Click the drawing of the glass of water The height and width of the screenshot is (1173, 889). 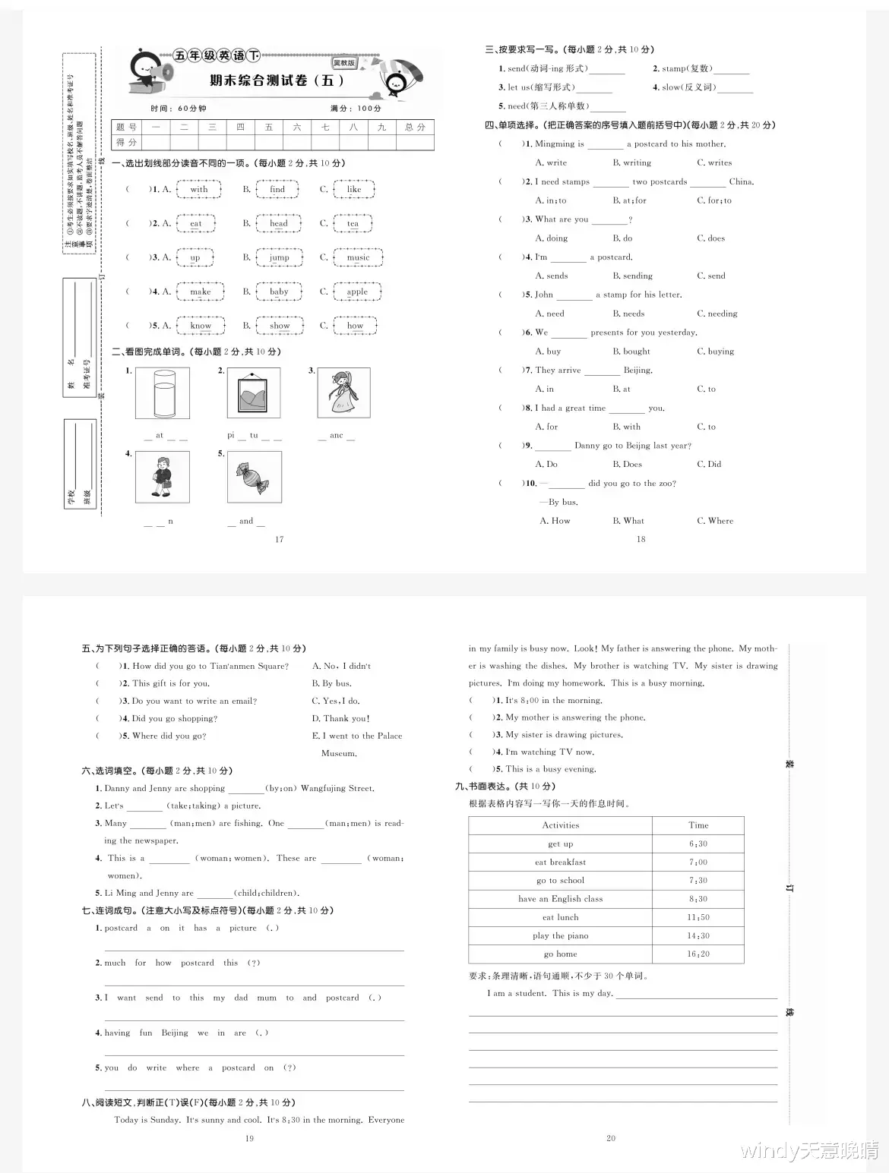click(162, 393)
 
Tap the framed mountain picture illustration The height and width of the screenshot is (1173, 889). click(254, 393)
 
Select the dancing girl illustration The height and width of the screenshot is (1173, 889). click(343, 393)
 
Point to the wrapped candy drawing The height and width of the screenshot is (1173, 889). click(254, 477)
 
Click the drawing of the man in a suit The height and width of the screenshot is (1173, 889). click(162, 477)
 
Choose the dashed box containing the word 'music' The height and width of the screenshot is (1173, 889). click(358, 257)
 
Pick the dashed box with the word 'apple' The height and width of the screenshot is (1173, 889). click(356, 292)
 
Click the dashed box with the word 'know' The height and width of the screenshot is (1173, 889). click(201, 326)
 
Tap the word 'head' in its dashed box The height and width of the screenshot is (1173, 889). click(279, 223)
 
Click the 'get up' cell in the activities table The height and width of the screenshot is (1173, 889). click(560, 843)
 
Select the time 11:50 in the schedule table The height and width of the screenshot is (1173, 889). click(698, 917)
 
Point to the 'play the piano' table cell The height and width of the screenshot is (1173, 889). click(560, 935)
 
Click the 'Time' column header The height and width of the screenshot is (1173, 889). click(698, 825)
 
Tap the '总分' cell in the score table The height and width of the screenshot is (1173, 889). click(415, 127)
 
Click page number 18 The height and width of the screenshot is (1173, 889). click(641, 539)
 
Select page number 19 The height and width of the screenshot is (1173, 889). click(249, 1137)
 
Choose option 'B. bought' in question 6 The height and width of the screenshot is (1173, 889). click(631, 352)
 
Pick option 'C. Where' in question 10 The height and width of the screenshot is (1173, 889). click(715, 521)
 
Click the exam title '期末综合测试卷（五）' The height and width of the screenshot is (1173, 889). click(277, 80)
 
